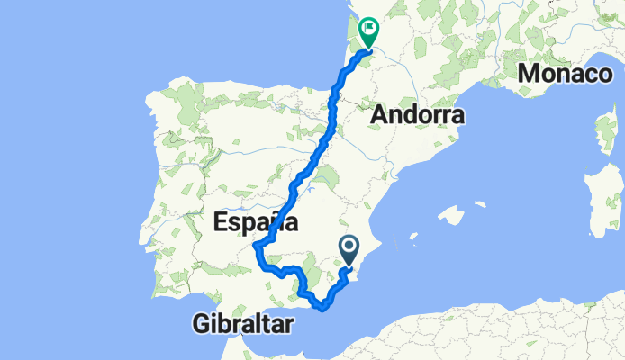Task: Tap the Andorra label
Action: click(x=417, y=114)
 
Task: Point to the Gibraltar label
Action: click(x=243, y=324)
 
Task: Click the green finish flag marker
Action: click(x=368, y=31)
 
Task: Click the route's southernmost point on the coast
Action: click(x=322, y=309)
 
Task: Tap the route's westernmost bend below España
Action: click(x=257, y=245)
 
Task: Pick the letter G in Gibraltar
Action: click(x=201, y=324)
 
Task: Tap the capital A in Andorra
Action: click(x=378, y=114)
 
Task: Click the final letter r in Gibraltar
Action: click(x=289, y=324)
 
